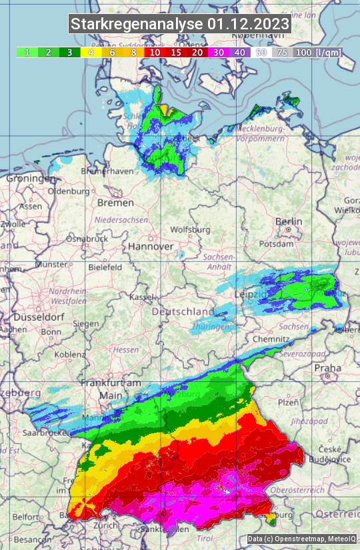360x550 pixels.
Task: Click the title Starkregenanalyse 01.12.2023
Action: [180, 25]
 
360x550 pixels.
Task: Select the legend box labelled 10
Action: [155, 52]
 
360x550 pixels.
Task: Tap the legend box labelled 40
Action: [240, 52]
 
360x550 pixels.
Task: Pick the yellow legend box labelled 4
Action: [91, 52]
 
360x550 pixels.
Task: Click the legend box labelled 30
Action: [219, 52]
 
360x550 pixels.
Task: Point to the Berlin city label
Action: [289, 222]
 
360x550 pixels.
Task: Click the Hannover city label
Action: [151, 246]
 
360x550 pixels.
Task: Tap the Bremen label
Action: [111, 202]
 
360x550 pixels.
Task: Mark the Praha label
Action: [328, 367]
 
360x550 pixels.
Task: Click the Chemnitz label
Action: [270, 339]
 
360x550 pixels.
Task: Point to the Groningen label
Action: [31, 179]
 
